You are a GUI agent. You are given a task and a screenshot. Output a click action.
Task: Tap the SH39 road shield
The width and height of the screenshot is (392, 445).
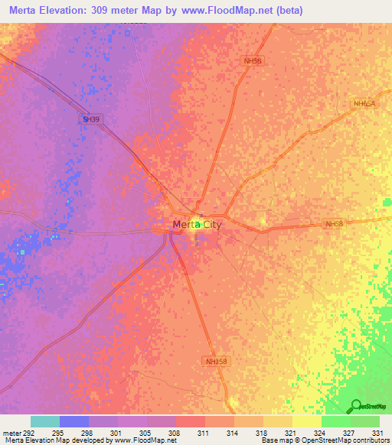[91, 119]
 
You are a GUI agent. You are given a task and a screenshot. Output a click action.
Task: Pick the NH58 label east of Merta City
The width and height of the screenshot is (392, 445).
[335, 224]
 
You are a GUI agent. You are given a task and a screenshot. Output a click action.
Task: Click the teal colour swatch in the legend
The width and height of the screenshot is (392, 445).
[44, 421]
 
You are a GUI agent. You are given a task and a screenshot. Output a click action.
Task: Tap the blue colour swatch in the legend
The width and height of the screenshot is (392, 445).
[73, 421]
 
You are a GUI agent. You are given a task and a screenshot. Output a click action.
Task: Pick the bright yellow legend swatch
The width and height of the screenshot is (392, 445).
[306, 421]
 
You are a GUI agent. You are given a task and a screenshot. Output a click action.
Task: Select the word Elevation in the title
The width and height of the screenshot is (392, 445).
[75, 10]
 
